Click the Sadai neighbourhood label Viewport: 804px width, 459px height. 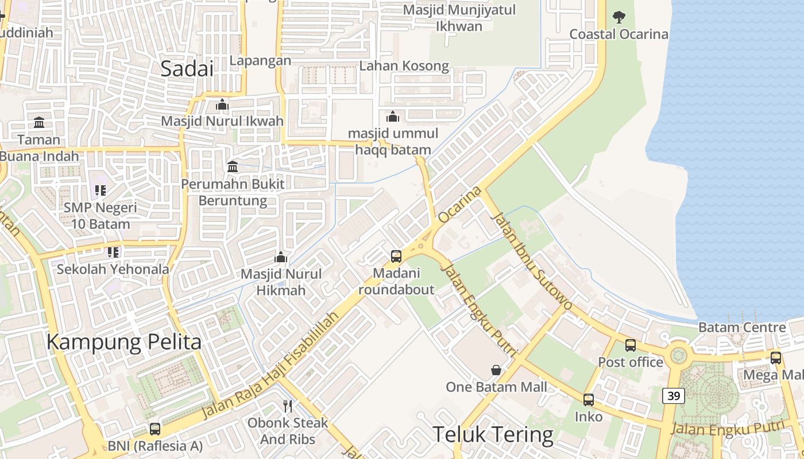coord(187,69)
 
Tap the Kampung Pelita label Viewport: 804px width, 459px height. coord(123,343)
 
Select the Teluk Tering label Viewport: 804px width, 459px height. coord(493,434)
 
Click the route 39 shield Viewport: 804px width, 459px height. coord(673,395)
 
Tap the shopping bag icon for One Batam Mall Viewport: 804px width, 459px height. coord(496,370)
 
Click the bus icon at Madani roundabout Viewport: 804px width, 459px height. coord(396,256)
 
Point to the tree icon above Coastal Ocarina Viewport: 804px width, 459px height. coord(619,17)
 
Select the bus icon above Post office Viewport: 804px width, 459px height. coord(631,345)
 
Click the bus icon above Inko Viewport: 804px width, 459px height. coord(589,400)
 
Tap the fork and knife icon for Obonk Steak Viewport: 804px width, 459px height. coord(288,406)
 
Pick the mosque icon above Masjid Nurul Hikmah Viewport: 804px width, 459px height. coord(281,256)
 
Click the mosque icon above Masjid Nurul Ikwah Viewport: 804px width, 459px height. coord(222,104)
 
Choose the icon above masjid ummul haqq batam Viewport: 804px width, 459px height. coord(393,116)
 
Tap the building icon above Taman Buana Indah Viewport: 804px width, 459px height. coord(39,122)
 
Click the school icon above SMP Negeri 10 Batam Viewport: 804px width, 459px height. coord(100,190)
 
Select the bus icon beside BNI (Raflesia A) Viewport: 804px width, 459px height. coord(155,429)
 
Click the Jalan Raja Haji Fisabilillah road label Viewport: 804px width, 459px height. coord(269,368)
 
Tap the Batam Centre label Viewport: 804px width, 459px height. coord(742,328)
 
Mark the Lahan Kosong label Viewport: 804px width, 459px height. coord(404,66)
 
